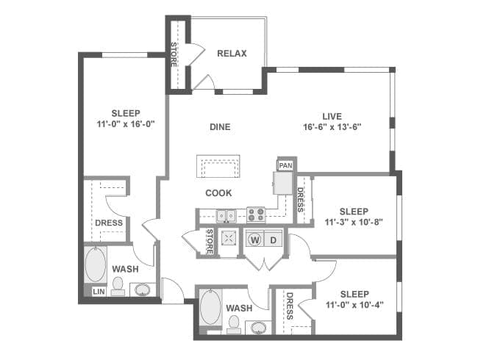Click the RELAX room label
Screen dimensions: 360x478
tap(232, 54)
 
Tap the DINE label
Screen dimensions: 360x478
tap(220, 127)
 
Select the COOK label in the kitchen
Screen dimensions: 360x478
tap(218, 193)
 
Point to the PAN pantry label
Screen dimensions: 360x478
tap(285, 166)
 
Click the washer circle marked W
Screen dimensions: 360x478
tap(255, 240)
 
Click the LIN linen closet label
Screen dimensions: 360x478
tap(99, 292)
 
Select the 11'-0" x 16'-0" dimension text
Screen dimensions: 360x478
tap(126, 124)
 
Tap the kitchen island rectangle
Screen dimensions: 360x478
tap(218, 166)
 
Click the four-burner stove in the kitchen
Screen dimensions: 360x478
tap(256, 215)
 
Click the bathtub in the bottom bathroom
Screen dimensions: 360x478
tap(210, 308)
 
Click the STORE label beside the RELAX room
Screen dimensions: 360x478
tap(174, 55)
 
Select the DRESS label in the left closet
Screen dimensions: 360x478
tap(109, 223)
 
